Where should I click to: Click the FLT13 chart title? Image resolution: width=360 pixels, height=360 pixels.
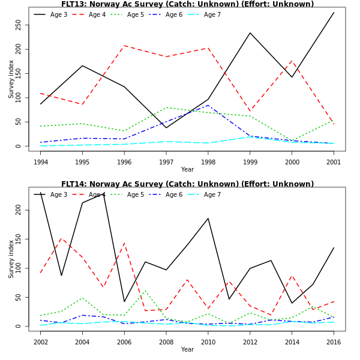pyautogui.click(x=187, y=4)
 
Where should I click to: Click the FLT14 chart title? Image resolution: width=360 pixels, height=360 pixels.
pyautogui.click(x=187, y=184)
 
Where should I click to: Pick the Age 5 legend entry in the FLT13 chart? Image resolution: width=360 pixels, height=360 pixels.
pyautogui.click(x=136, y=14)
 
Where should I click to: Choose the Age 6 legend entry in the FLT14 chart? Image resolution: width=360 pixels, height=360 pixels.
pyautogui.click(x=174, y=194)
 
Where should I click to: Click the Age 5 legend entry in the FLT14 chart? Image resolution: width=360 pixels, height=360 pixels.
pyautogui.click(x=136, y=194)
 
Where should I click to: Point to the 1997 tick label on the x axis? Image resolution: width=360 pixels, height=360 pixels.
pyautogui.click(x=166, y=162)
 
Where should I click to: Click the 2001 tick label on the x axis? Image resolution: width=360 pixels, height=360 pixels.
pyautogui.click(x=334, y=162)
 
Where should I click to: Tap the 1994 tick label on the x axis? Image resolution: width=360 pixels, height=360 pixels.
pyautogui.click(x=41, y=162)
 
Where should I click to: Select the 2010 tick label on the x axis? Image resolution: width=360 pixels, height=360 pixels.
pyautogui.click(x=208, y=342)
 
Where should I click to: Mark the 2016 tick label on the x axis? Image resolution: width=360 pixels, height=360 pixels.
pyautogui.click(x=334, y=342)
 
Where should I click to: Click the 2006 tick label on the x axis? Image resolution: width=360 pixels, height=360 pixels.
pyautogui.click(x=124, y=342)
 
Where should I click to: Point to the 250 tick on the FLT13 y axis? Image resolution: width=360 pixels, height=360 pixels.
pyautogui.click(x=19, y=25)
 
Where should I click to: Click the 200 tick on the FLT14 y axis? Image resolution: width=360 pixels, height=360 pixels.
pyautogui.click(x=19, y=210)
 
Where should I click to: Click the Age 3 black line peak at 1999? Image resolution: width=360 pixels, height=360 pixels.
pyautogui.click(x=250, y=33)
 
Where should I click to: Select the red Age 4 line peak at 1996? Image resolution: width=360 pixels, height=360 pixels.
pyautogui.click(x=124, y=46)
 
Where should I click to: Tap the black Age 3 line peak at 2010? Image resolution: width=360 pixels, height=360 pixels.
pyautogui.click(x=208, y=218)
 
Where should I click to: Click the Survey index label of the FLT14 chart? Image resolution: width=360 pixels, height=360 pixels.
pyautogui.click(x=11, y=259)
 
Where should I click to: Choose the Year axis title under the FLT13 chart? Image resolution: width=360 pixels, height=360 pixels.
pyautogui.click(x=187, y=170)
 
